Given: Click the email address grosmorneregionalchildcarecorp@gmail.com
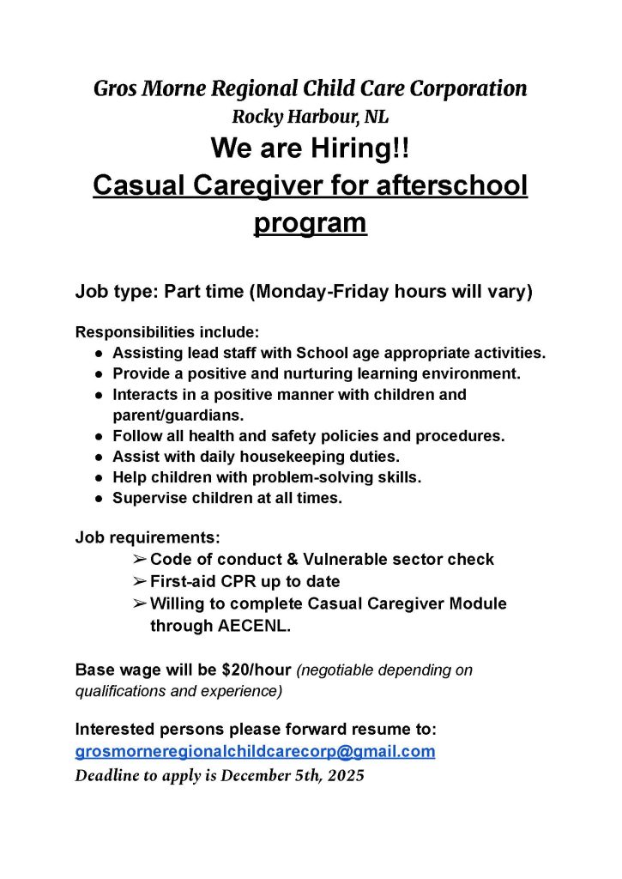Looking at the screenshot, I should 255,752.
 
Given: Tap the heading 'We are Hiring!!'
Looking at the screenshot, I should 311,149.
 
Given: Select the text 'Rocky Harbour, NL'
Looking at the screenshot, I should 311,117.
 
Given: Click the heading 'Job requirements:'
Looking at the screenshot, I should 148,538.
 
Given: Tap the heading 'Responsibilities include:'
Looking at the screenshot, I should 167,331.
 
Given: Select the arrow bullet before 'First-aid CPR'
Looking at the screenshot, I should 140,582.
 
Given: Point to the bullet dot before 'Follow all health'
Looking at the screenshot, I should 100,436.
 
